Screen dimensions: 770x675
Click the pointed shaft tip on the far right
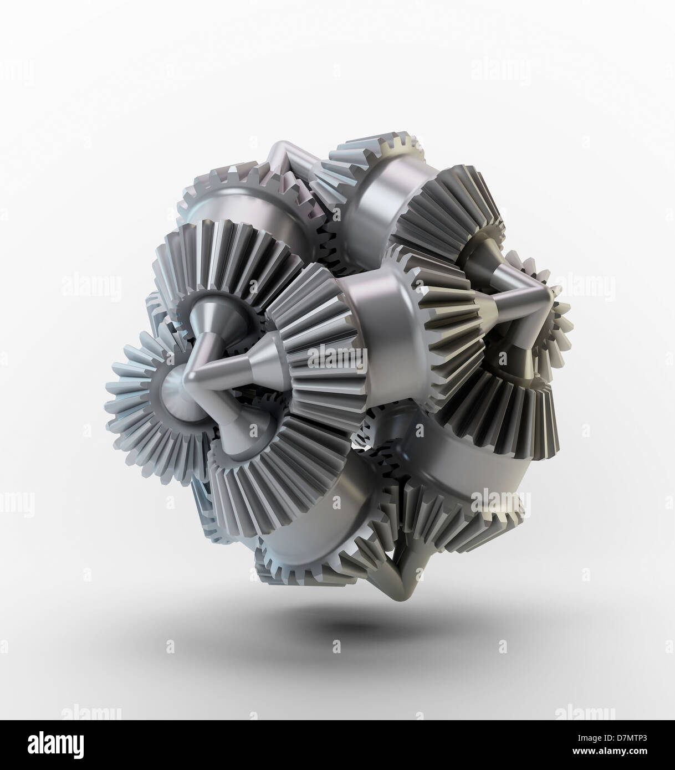click(x=549, y=294)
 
